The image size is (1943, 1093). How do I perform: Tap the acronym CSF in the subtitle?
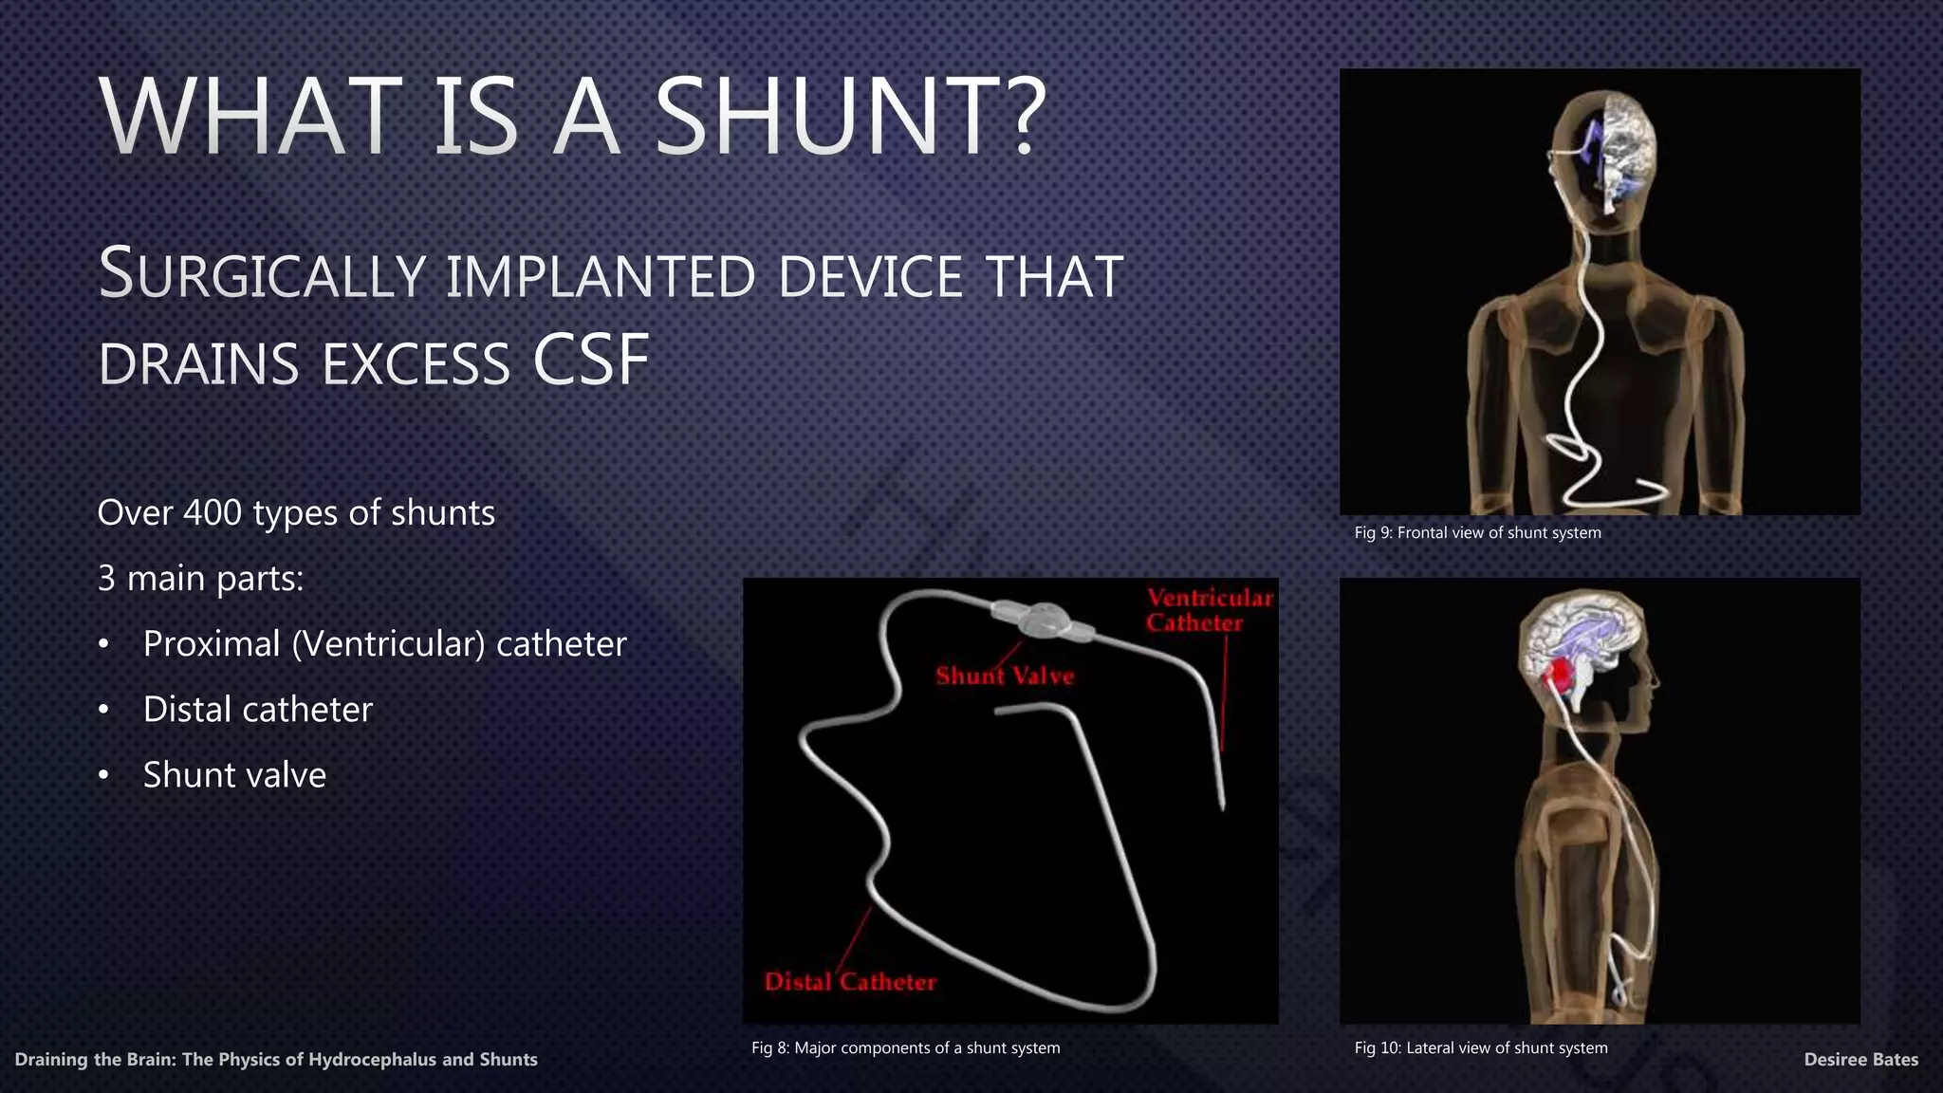click(591, 361)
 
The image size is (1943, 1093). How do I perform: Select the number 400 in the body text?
click(213, 513)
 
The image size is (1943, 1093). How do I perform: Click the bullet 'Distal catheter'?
click(257, 710)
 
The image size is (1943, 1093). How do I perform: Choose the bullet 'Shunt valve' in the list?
click(234, 775)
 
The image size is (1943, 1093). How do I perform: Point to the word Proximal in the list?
click(212, 644)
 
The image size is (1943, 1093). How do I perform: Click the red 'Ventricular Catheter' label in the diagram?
click(1209, 610)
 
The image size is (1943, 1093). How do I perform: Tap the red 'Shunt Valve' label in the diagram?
click(1005, 676)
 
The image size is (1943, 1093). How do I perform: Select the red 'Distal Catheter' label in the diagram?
click(850, 982)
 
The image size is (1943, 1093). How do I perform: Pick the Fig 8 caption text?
click(905, 1047)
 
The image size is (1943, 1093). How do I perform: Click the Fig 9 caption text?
click(1477, 533)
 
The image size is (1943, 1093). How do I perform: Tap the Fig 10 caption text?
click(1480, 1047)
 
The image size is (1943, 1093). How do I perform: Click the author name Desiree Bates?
click(1860, 1060)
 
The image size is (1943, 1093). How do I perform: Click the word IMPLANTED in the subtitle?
click(601, 276)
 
